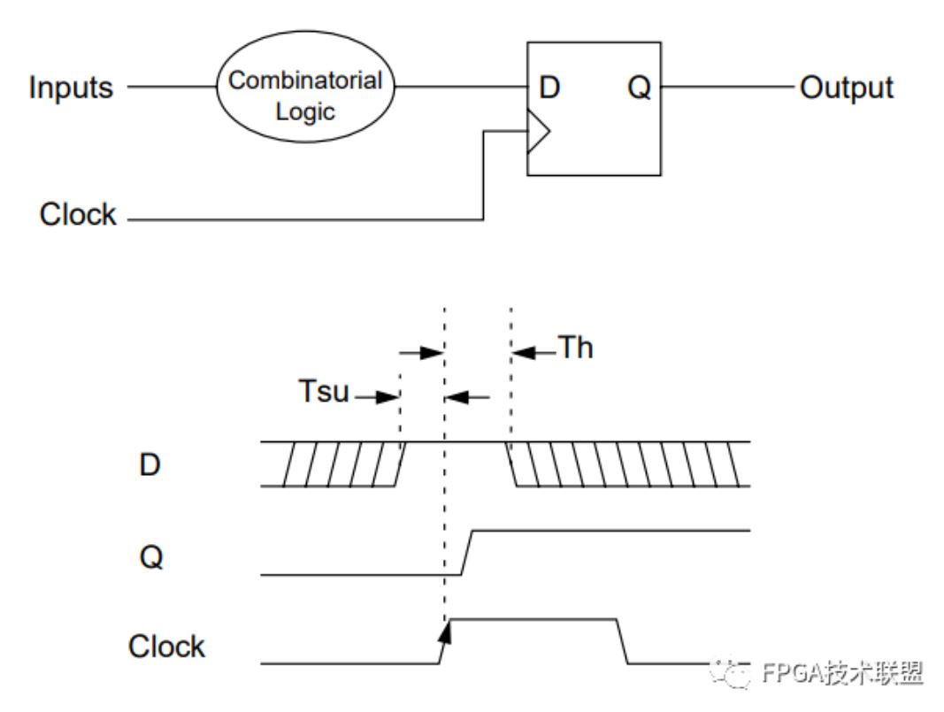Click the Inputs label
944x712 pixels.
(71, 88)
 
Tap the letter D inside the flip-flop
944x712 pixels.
(549, 88)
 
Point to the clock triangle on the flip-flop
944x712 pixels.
(538, 131)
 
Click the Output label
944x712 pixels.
(846, 88)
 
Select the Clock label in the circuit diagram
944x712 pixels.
(78, 214)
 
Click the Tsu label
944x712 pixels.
(323, 391)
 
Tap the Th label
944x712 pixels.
(576, 348)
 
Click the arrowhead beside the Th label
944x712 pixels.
(523, 353)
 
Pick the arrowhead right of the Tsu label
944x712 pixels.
(388, 396)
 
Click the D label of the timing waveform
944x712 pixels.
(150, 464)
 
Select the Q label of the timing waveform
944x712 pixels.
(151, 557)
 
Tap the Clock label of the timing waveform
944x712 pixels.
(166, 647)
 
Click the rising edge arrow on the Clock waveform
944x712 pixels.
(445, 632)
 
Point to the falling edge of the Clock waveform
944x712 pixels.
(622, 641)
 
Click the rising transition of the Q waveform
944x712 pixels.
(467, 553)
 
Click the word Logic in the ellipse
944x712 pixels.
(305, 112)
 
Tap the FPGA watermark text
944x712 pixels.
(842, 673)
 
